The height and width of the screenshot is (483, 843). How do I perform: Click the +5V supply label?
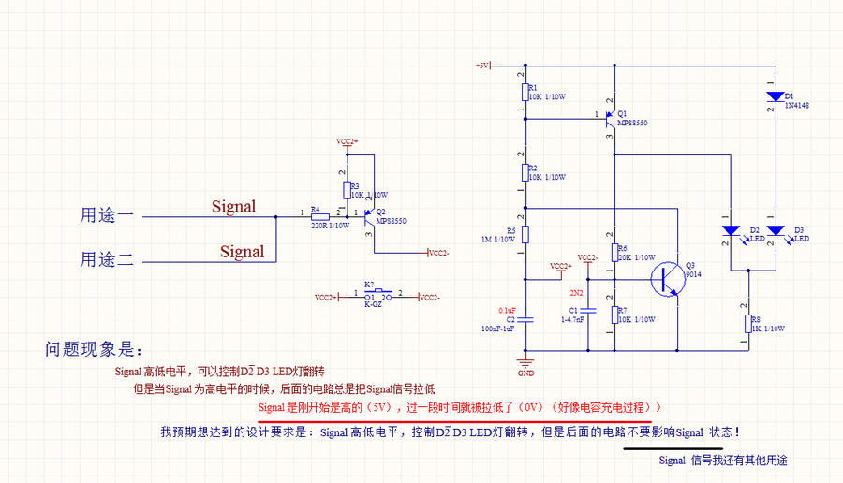482,66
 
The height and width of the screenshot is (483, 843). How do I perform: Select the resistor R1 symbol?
525,92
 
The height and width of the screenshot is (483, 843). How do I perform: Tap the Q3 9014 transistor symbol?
670,277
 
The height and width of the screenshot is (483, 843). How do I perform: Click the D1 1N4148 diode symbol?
776,96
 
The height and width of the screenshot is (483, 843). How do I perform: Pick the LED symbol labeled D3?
776,230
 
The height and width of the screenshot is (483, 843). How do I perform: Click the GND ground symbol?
525,362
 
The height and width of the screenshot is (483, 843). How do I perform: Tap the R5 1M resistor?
525,234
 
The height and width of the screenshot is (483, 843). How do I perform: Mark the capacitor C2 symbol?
525,318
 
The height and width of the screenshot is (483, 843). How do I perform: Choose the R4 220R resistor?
319,216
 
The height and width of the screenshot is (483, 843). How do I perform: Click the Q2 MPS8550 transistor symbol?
371,216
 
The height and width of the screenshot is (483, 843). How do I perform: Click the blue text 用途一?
107,216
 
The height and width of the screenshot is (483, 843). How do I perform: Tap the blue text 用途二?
107,259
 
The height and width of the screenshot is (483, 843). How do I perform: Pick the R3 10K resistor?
347,190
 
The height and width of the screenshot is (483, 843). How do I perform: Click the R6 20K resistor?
614,253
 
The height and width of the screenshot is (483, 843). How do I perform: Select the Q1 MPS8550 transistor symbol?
611,117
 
